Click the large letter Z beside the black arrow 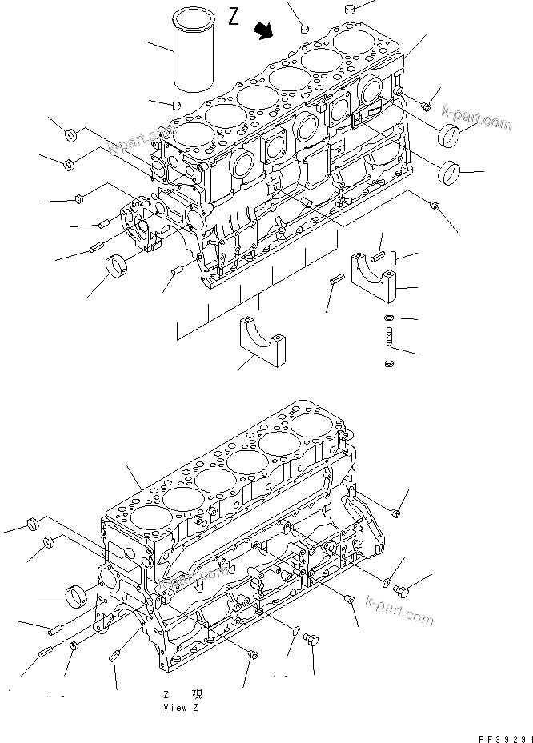234,18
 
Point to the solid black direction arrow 262,30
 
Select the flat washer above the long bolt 388,318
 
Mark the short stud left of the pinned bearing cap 336,279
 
